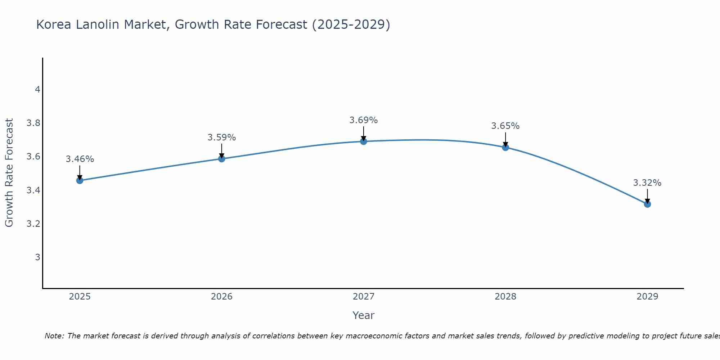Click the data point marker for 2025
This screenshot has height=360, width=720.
point(80,180)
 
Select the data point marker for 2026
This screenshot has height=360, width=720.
point(222,159)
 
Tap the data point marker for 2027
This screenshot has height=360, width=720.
point(364,141)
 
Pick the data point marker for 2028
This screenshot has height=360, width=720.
point(505,147)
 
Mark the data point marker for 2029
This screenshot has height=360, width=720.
point(647,204)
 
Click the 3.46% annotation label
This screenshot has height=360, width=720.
point(80,159)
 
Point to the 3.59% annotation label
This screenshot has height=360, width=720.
point(222,138)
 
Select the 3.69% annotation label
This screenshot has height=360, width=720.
point(364,120)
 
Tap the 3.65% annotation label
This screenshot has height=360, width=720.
point(505,126)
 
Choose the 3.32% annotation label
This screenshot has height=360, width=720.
point(647,183)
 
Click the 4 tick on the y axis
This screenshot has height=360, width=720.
point(37,90)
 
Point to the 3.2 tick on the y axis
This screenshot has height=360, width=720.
point(33,224)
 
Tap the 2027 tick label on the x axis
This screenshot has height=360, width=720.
point(364,297)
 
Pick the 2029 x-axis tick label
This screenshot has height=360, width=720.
point(647,297)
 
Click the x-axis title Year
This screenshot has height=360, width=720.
point(364,315)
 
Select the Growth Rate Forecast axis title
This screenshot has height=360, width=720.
point(9,173)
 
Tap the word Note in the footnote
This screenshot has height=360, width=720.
point(54,336)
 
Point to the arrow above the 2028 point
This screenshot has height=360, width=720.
point(505,140)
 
